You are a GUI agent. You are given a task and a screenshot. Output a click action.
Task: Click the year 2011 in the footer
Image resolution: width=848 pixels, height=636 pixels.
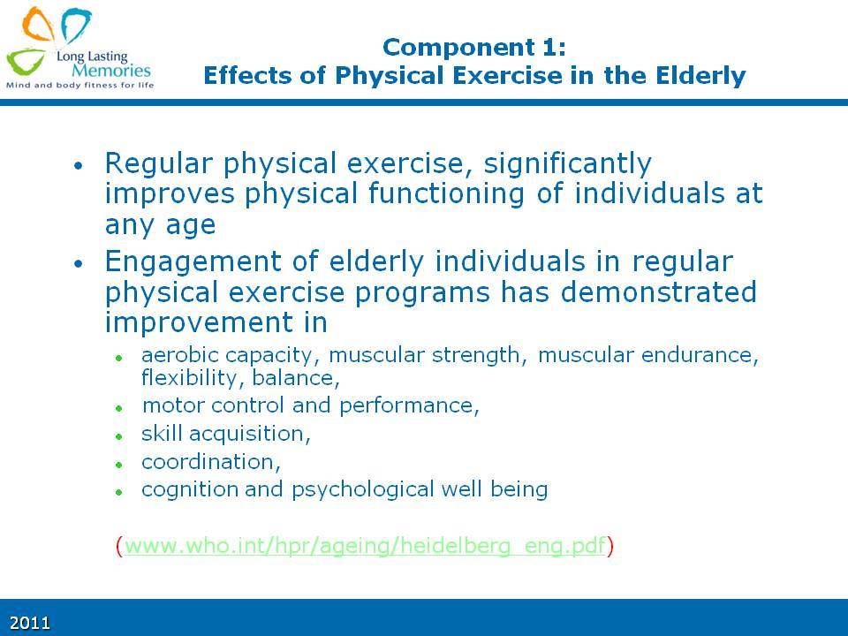(x=30, y=623)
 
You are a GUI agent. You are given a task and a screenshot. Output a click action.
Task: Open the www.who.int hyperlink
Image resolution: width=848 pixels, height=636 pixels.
(x=365, y=545)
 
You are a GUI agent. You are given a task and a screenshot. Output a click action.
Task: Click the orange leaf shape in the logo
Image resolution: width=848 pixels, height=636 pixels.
(x=38, y=25)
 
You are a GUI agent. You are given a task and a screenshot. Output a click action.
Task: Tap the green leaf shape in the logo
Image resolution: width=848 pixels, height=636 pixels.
(x=25, y=61)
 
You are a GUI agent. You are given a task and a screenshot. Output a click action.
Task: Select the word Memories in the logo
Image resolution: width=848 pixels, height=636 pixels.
(x=111, y=71)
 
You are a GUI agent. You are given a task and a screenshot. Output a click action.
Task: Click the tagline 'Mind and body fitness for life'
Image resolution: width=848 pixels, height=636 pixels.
(x=80, y=85)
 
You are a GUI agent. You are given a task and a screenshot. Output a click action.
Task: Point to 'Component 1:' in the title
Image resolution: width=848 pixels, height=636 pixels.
(x=474, y=48)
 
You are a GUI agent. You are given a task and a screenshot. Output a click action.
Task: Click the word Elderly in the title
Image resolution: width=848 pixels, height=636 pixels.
(x=700, y=76)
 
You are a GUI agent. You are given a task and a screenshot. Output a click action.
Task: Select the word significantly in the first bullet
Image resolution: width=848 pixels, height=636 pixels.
(x=567, y=164)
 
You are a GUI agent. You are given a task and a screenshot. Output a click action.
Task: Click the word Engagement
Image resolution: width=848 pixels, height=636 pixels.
(x=193, y=262)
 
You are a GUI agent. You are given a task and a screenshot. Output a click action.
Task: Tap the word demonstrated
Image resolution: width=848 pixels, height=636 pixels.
(x=658, y=292)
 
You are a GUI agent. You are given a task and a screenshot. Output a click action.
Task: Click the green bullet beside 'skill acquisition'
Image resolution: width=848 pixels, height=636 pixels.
(x=119, y=435)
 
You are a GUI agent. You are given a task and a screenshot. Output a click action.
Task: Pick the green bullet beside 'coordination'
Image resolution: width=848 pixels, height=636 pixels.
(x=119, y=464)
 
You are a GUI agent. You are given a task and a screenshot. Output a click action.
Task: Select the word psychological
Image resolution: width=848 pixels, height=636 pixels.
(x=363, y=490)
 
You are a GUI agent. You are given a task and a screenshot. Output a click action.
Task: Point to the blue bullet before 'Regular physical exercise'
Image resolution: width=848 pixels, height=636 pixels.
(x=79, y=165)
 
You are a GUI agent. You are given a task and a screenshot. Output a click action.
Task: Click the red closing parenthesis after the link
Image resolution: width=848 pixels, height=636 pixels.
(x=610, y=546)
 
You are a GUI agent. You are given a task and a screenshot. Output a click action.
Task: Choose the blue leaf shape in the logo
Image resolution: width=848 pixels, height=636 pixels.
(x=76, y=25)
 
